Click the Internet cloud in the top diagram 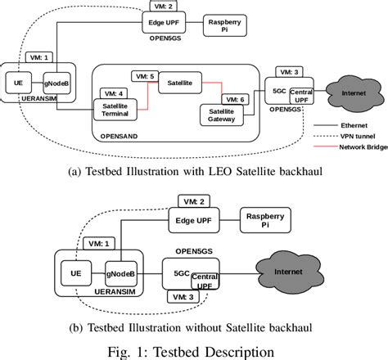pos(350,93)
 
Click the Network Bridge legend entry pos(346,148)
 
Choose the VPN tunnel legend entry pos(343,137)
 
